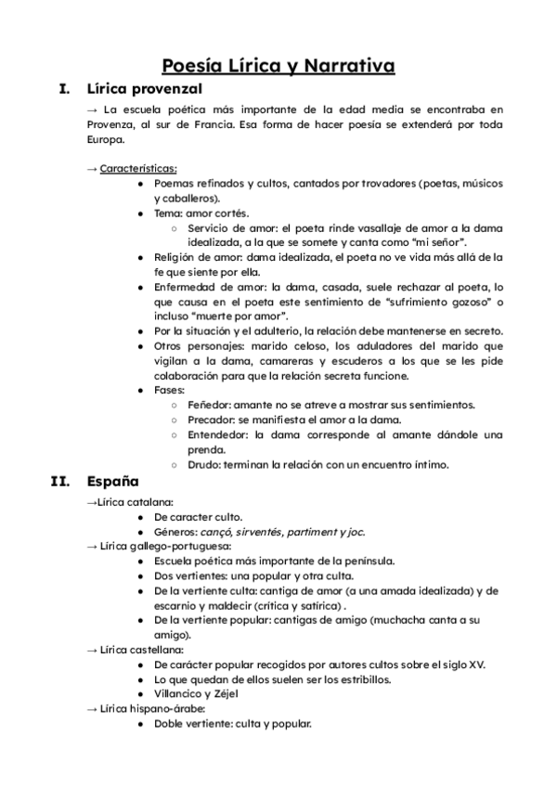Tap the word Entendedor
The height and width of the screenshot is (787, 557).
[x=218, y=434]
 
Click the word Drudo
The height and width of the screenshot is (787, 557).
[x=206, y=464]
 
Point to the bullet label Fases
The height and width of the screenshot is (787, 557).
[x=170, y=390]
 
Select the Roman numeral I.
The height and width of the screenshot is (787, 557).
[x=64, y=90]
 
